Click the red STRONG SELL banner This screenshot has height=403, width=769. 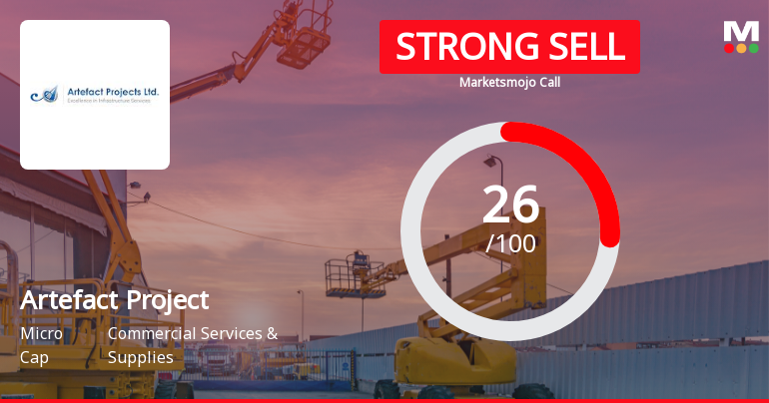(509, 46)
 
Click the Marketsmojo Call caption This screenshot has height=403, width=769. (509, 82)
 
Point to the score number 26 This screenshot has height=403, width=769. (510, 205)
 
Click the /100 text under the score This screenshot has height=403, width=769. (510, 242)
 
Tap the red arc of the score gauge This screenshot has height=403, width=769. (589, 170)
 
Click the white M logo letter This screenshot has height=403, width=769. (741, 30)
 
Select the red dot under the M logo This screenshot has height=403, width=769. (728, 48)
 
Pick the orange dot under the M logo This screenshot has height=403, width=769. (741, 48)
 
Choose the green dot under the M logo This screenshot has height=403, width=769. (754, 48)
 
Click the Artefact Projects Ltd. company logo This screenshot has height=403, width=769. (95, 95)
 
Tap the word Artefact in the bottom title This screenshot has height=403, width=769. (69, 299)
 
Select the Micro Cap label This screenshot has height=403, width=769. (41, 345)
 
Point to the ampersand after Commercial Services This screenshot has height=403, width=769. (272, 333)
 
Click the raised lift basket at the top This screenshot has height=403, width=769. (306, 42)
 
